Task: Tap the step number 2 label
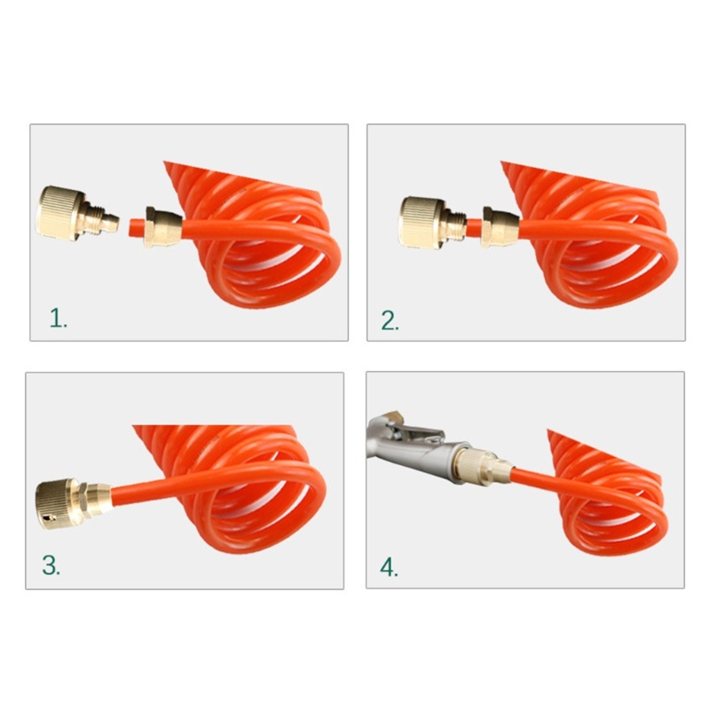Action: pos(390,320)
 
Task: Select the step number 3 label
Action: pos(51,566)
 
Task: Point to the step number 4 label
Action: pos(390,566)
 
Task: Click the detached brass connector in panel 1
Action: pos(75,211)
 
